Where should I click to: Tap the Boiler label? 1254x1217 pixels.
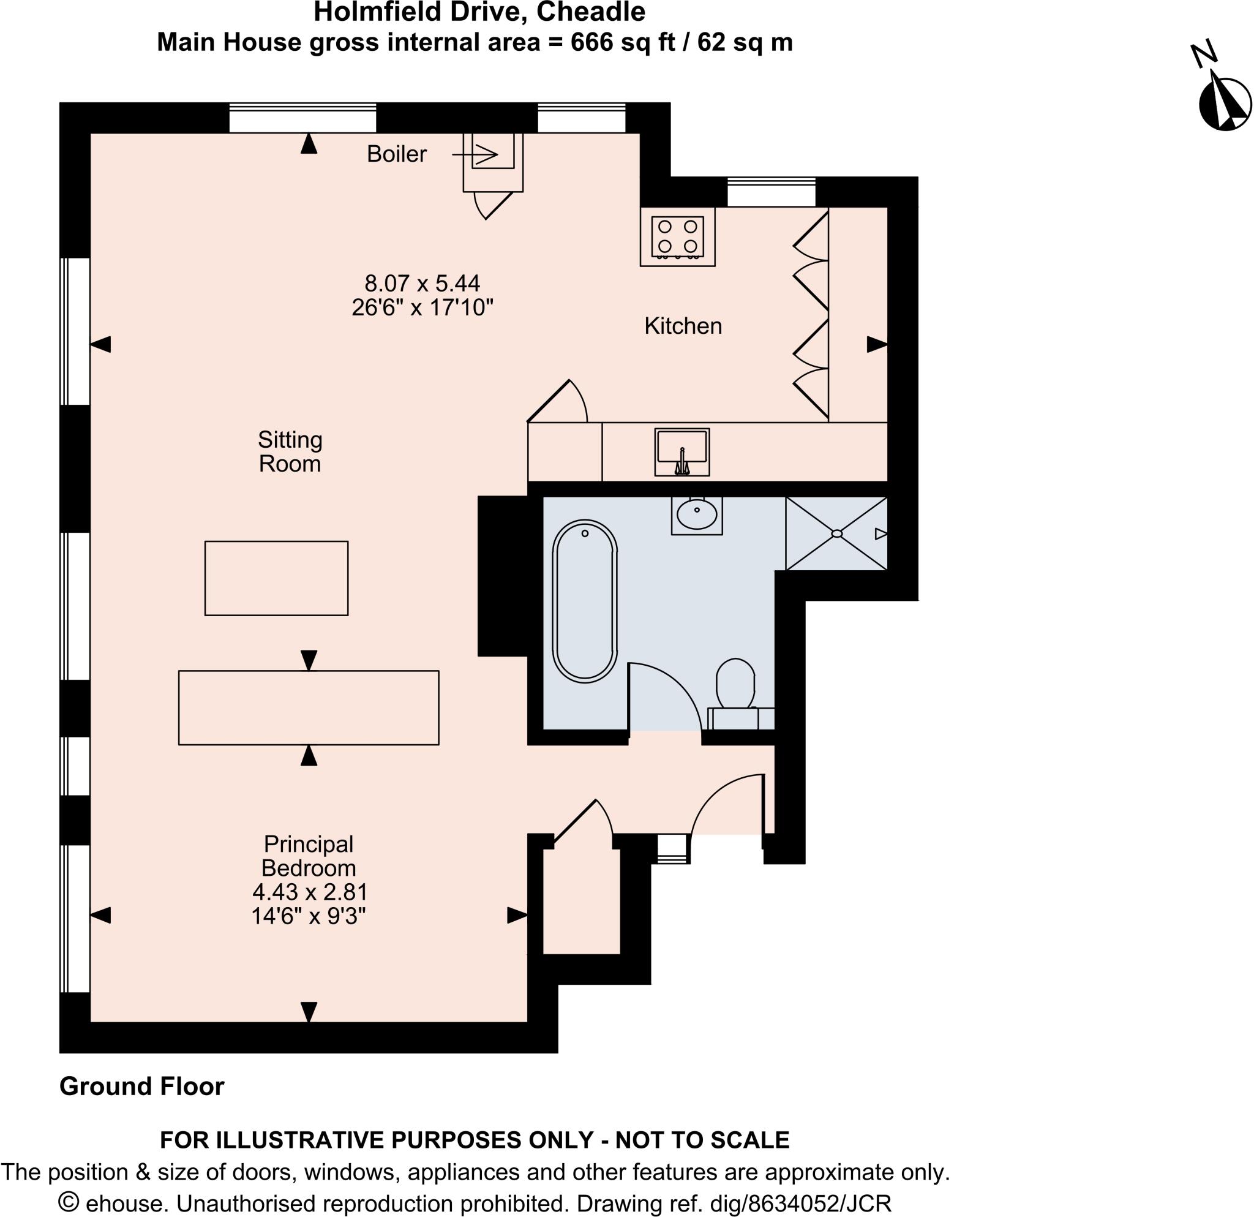[x=396, y=154]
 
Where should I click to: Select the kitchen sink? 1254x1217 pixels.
[x=682, y=452]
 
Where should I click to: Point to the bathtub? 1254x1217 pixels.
[x=585, y=601]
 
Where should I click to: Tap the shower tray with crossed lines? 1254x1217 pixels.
[x=836, y=533]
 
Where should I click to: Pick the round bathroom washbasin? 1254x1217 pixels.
[x=697, y=514]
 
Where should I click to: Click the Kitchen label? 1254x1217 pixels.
[x=683, y=326]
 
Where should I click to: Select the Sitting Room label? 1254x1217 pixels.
[x=290, y=452]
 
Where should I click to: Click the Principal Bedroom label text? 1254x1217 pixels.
[x=309, y=856]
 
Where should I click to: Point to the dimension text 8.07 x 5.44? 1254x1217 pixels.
[x=422, y=283]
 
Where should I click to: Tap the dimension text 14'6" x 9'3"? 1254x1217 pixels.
[x=309, y=916]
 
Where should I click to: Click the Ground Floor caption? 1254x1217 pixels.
[x=141, y=1087]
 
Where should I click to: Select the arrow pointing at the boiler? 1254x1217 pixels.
[x=475, y=154]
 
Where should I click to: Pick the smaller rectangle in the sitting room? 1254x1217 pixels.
[x=276, y=578]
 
